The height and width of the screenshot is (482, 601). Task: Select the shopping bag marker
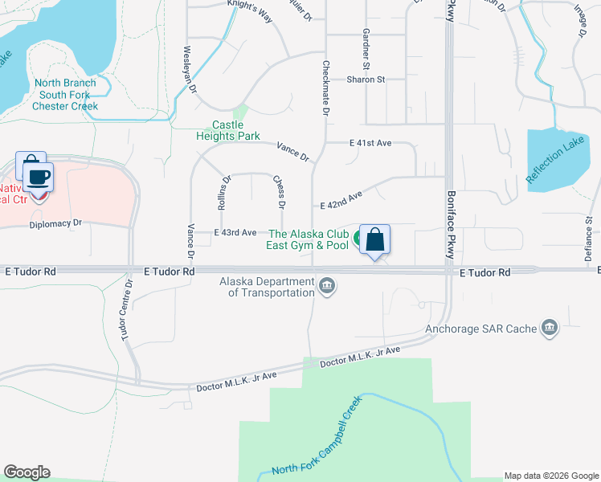click(x=374, y=239)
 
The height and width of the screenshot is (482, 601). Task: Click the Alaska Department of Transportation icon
click(x=326, y=285)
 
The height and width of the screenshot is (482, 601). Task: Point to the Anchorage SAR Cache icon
click(x=550, y=328)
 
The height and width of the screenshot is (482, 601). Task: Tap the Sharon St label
click(x=366, y=80)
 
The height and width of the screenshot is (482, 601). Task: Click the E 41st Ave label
click(x=370, y=143)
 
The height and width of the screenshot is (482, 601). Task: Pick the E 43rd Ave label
click(x=235, y=232)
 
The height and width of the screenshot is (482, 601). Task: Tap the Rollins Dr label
click(x=224, y=193)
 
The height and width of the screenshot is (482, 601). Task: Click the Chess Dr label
click(x=279, y=192)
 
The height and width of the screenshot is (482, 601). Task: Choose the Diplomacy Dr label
click(x=55, y=223)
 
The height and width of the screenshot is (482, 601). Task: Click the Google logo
click(x=27, y=472)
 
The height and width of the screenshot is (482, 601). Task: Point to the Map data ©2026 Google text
click(x=550, y=476)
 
